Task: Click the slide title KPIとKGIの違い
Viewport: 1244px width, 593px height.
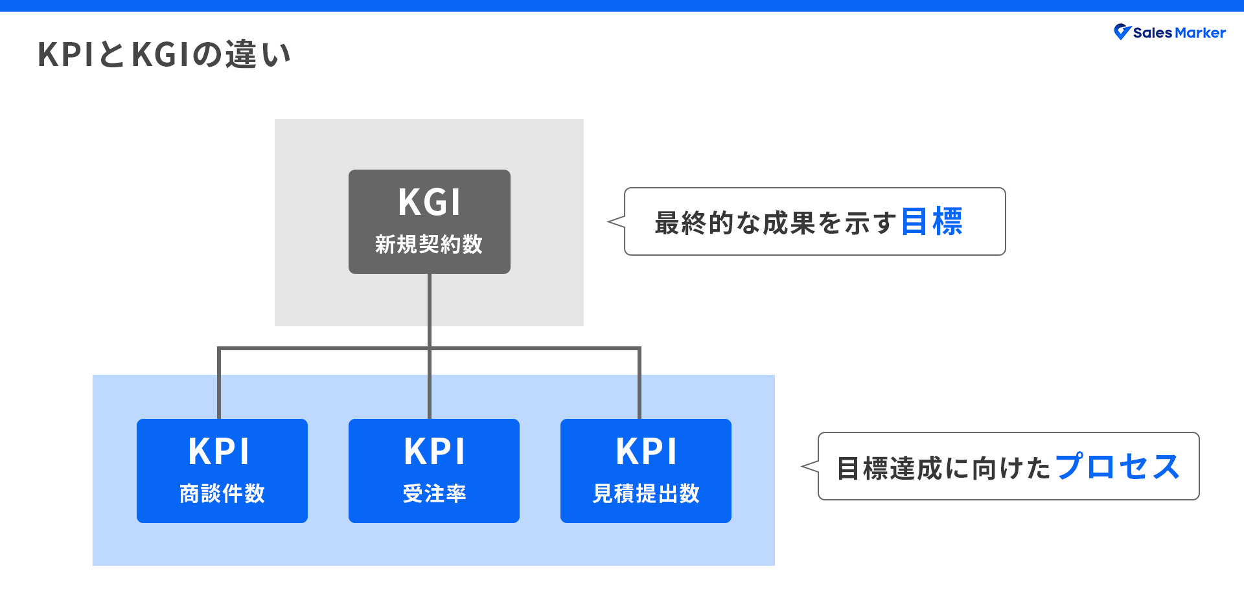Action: coord(164,54)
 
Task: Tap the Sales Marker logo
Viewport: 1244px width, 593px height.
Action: coord(1169,32)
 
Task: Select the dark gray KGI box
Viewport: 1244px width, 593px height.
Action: coord(429,221)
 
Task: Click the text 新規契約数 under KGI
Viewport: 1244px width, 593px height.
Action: coord(429,245)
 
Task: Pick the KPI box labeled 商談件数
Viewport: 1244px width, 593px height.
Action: coord(222,471)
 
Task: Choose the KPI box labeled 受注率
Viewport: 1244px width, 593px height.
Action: coord(433,471)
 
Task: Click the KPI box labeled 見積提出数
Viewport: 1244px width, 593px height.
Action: coord(645,471)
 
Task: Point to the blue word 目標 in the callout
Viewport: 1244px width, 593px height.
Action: coord(932,222)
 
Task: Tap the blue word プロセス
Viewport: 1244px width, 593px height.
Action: coord(1117,467)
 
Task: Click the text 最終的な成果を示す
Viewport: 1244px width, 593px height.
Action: coord(776,223)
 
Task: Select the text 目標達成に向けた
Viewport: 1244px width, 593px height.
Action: coord(943,468)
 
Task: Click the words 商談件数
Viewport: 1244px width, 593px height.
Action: coord(222,494)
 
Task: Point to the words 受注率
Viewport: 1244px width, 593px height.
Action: coord(434,494)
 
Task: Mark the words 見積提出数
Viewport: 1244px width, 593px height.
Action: coord(646,494)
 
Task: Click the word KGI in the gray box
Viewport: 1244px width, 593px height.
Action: coord(429,202)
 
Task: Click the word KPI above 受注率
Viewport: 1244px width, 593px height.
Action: coord(434,452)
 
